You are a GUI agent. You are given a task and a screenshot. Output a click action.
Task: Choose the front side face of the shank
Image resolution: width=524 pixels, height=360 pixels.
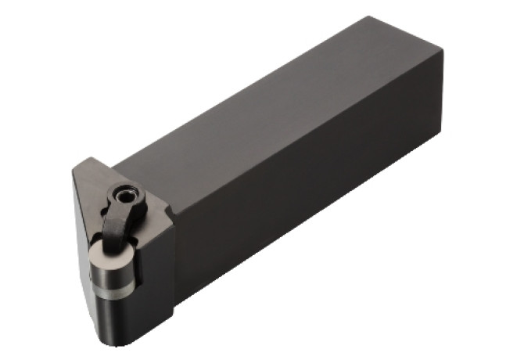click(313, 211)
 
